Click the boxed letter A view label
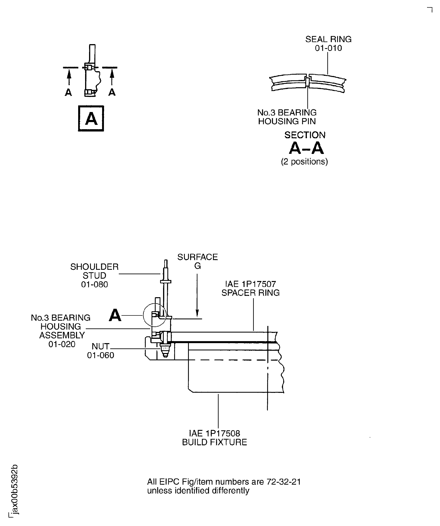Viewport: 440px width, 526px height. pyautogui.click(x=91, y=118)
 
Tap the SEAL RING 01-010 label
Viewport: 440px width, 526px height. pyautogui.click(x=328, y=44)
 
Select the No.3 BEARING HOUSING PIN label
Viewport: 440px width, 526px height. pyautogui.click(x=287, y=117)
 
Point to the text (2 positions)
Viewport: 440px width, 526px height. pyautogui.click(x=305, y=162)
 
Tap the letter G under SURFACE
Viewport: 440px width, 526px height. pyautogui.click(x=197, y=266)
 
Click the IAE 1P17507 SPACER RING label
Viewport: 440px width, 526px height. pyautogui.click(x=251, y=288)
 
